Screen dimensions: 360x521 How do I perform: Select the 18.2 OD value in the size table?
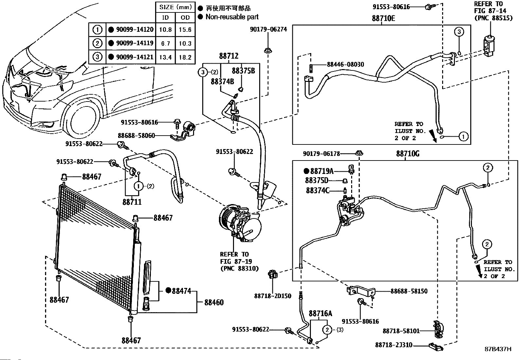coord(185,57)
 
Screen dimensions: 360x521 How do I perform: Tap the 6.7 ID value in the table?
coord(165,43)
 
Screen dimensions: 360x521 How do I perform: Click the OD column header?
coord(185,17)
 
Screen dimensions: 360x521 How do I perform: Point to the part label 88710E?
coord(383,18)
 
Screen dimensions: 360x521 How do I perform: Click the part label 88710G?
coord(407,154)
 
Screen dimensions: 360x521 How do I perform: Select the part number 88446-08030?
coord(345,65)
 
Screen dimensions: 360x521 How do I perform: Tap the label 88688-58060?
coord(136,136)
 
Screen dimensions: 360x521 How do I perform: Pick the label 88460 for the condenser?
coord(214,302)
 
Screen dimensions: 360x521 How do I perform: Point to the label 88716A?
coord(320,313)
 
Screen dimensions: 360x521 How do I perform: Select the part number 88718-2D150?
coord(273,296)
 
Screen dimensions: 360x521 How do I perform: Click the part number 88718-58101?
coord(401,331)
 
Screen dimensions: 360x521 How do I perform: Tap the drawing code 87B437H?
coord(498,349)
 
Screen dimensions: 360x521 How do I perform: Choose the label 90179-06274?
coord(268,29)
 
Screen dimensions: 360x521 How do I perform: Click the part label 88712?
coord(229,56)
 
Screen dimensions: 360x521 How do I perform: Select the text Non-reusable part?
coord(232,17)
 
